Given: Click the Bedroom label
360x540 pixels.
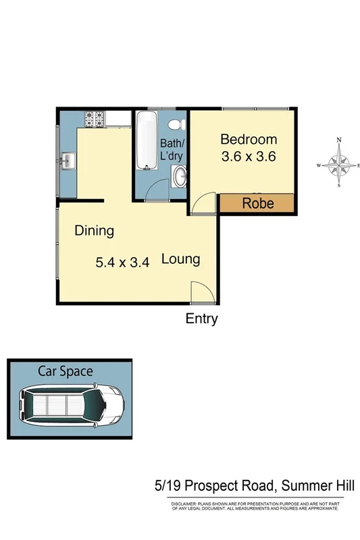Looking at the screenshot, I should [x=249, y=140].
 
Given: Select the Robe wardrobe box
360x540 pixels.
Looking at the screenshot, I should [x=257, y=202].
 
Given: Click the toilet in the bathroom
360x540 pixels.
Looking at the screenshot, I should [x=176, y=125].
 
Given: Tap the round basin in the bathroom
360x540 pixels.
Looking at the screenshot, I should [x=180, y=178].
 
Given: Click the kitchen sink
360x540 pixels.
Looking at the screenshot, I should [x=68, y=161].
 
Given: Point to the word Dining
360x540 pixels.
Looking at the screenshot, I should [x=94, y=231].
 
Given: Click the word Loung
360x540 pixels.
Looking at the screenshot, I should [x=180, y=259].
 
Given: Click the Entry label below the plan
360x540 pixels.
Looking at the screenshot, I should [x=201, y=319].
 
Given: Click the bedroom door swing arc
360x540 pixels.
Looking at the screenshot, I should [x=203, y=203].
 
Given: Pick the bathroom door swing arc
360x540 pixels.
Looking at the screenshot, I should [x=156, y=192].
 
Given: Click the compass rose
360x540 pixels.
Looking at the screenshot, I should [x=339, y=164].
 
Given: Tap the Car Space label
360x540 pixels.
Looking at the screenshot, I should [x=66, y=371].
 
